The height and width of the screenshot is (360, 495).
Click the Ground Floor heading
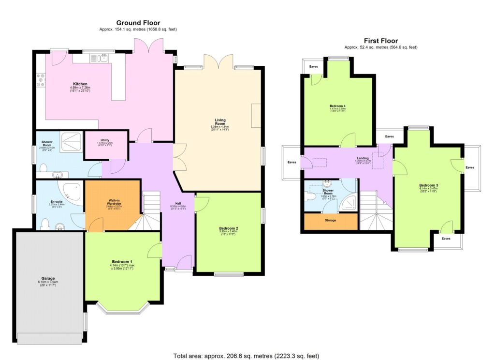(138, 23)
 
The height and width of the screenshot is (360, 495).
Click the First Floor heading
(381, 41)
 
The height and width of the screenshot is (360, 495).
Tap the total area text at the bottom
(247, 356)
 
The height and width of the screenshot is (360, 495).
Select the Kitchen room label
(80, 84)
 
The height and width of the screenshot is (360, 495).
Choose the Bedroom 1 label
(121, 262)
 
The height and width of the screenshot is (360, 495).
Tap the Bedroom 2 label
(229, 228)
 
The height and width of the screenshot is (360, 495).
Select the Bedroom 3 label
(429, 185)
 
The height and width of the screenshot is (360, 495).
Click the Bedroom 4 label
(337, 105)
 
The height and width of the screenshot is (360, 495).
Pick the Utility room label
(105, 139)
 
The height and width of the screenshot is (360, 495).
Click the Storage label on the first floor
(331, 221)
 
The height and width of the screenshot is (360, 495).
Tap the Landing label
(363, 158)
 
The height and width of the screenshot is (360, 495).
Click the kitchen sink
(102, 59)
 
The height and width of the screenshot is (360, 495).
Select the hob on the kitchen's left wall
(40, 80)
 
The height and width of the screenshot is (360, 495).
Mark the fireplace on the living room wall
(256, 116)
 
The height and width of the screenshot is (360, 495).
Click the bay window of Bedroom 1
(122, 308)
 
